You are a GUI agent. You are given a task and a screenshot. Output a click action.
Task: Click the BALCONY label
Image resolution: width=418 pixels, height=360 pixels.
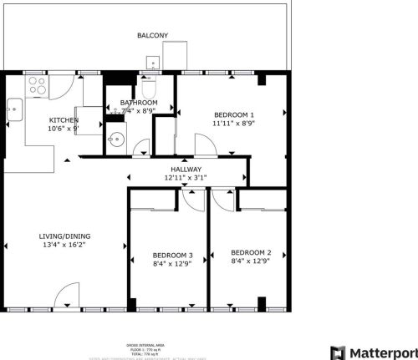coord(152,36)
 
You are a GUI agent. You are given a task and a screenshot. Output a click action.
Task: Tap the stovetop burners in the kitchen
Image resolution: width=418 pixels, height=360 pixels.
coord(37,84)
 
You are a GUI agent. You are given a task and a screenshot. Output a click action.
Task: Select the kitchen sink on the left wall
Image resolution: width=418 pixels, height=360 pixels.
coord(14,106)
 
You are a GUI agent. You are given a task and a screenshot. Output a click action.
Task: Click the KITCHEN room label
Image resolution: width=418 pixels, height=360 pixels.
coord(64,120)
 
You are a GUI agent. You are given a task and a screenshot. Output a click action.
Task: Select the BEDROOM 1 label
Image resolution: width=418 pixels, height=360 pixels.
coord(234,114)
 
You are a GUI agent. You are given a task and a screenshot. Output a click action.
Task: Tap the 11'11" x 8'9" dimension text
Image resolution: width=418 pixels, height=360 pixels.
coord(234,124)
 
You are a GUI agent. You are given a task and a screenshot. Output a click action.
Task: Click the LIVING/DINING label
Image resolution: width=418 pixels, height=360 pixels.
coord(65,236)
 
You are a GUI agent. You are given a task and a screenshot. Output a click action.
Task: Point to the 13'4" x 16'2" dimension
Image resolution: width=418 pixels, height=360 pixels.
coord(65,246)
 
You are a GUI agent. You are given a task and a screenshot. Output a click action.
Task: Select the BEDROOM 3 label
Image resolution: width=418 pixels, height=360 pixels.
coord(172,255)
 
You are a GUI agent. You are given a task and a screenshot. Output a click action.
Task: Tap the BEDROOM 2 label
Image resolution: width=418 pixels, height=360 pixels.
coord(251,253)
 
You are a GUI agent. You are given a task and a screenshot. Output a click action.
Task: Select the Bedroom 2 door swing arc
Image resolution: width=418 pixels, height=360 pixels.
coord(222,198)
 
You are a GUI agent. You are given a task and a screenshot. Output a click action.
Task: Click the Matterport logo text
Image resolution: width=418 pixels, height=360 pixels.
coord(381,352)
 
